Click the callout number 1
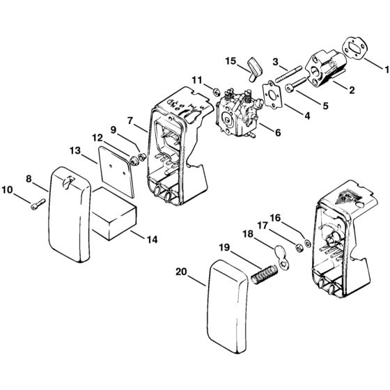(385, 68)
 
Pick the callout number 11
(197, 82)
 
